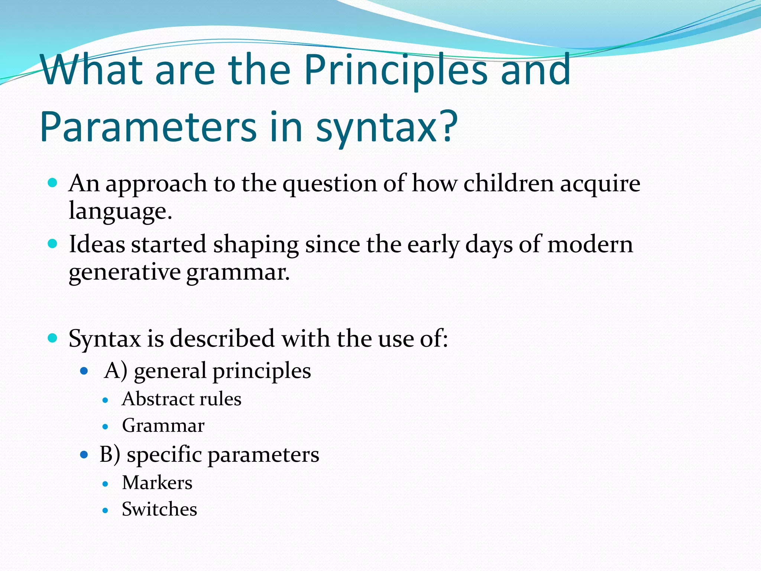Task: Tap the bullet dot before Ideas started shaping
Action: point(53,244)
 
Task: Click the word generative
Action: point(125,273)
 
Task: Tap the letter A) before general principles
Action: point(116,371)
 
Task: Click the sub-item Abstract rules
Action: point(181,399)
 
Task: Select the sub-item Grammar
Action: point(163,426)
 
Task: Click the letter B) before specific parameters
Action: point(110,454)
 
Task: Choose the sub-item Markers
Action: point(157,483)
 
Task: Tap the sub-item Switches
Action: point(159,509)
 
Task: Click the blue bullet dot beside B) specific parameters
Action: point(84,454)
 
